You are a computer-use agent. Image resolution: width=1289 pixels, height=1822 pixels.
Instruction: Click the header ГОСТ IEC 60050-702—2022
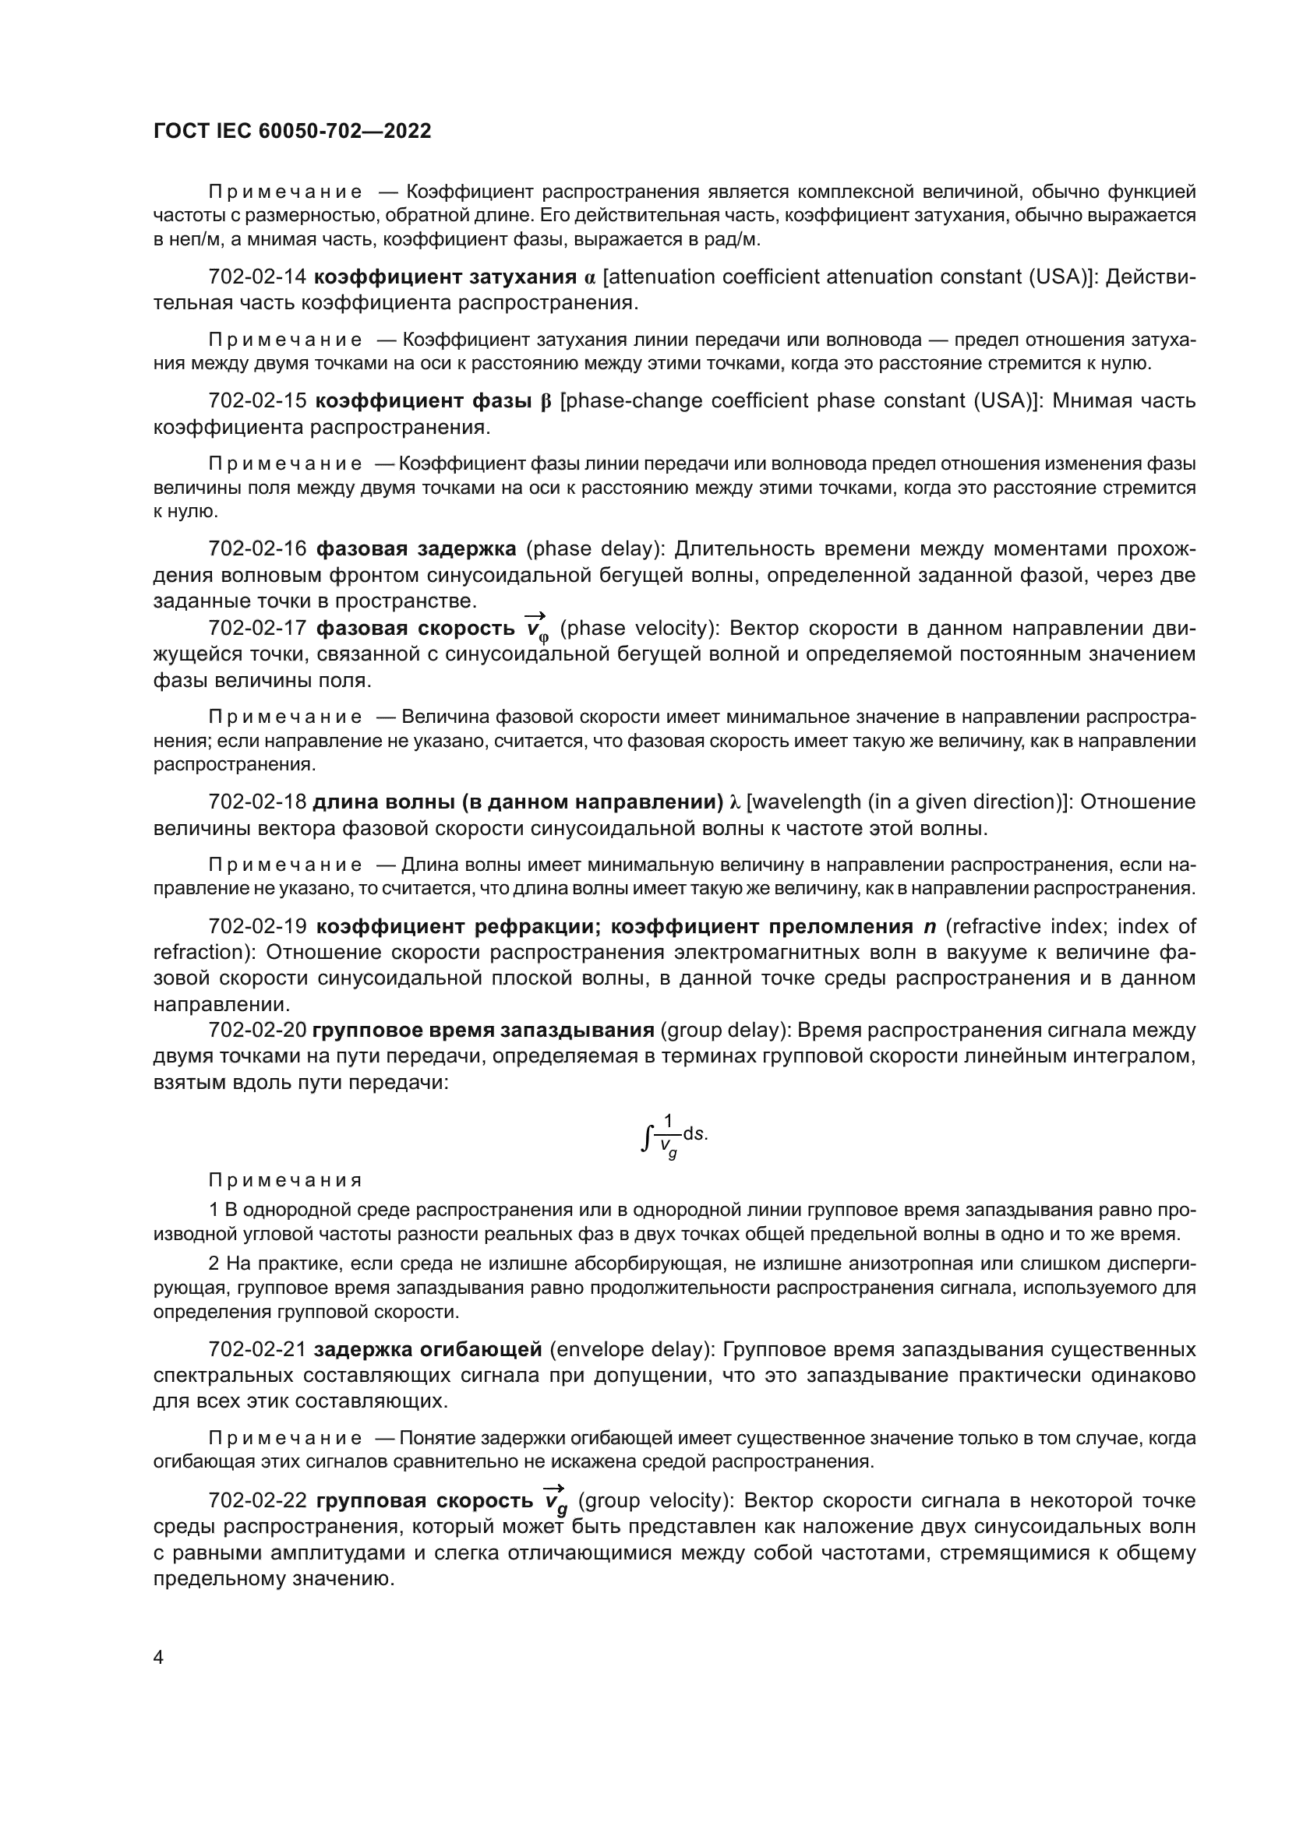point(292,131)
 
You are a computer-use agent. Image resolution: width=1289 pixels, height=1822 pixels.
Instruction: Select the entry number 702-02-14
point(256,277)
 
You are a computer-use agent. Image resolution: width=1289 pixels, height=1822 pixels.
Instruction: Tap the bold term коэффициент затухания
point(444,277)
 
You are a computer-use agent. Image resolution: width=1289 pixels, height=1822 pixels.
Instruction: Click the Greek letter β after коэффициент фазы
point(546,401)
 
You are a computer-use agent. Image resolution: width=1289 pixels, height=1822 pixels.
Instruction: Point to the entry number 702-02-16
point(256,549)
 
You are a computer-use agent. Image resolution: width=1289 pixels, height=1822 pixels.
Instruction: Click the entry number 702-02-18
point(256,802)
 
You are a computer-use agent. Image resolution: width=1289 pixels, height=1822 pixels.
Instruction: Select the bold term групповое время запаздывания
point(482,1031)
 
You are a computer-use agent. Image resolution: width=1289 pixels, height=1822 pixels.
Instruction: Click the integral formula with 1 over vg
point(673,1137)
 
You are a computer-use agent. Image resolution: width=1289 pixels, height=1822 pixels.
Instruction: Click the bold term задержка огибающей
point(428,1350)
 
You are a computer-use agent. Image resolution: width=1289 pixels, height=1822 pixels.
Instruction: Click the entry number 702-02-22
point(256,1501)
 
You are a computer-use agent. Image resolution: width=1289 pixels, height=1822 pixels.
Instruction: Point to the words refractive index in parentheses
point(995,927)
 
